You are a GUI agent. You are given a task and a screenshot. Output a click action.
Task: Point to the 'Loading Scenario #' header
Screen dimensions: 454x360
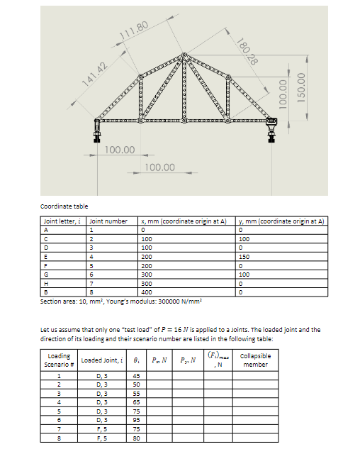pyautogui.click(x=59, y=360)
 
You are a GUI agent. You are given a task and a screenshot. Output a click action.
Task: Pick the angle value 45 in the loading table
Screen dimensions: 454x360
pyautogui.click(x=136, y=375)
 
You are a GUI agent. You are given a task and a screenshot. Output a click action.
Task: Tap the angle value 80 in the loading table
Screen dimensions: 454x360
pyautogui.click(x=136, y=440)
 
